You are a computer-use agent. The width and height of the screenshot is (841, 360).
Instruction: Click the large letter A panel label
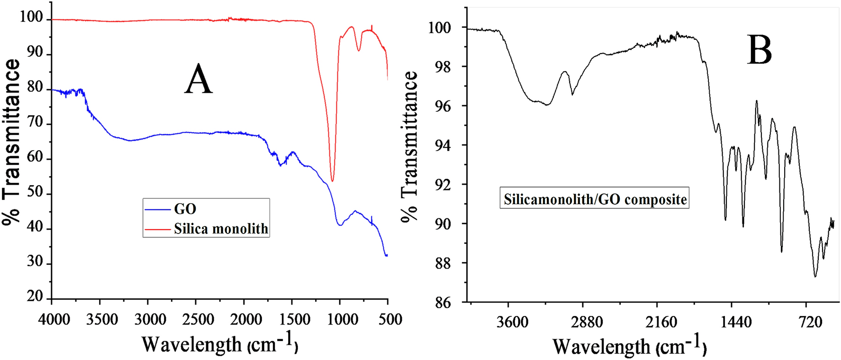[x=199, y=80]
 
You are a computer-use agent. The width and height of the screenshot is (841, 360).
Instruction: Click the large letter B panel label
[x=760, y=50]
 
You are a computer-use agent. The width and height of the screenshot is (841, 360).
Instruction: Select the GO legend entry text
[x=185, y=209]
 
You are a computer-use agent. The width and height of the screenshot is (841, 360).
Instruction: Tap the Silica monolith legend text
[x=221, y=229]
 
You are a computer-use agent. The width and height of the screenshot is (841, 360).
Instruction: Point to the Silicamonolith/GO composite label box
[x=594, y=199]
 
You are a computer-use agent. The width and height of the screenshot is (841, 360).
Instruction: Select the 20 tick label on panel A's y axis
[x=35, y=297]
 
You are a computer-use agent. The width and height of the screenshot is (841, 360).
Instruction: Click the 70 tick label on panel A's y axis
[x=35, y=123]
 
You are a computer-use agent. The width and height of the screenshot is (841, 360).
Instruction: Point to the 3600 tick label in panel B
[x=512, y=323]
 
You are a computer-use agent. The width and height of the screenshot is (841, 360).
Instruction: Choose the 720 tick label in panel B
[x=810, y=323]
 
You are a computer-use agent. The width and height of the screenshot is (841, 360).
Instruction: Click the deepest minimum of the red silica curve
[x=333, y=181]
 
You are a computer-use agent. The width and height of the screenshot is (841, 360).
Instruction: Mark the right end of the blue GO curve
[x=387, y=255]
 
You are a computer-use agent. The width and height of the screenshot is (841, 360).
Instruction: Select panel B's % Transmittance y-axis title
[x=410, y=147]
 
